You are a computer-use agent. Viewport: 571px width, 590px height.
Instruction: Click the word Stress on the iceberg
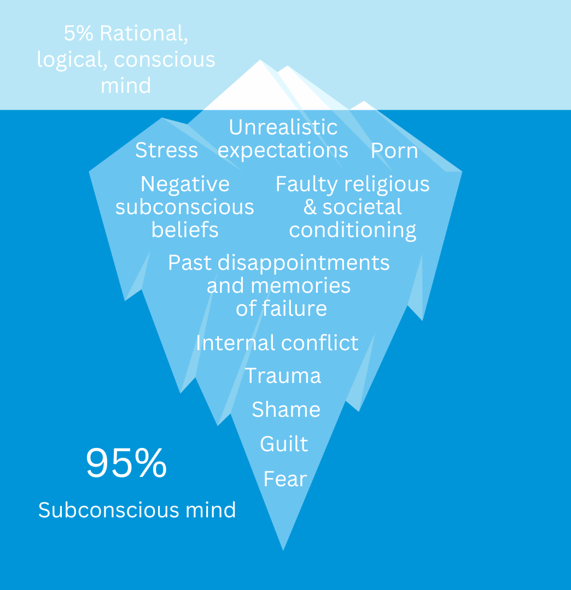(166, 150)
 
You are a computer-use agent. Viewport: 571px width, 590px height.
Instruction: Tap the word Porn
(394, 151)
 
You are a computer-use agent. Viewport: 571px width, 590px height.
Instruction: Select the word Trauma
(283, 376)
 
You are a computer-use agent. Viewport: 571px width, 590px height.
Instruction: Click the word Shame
(286, 410)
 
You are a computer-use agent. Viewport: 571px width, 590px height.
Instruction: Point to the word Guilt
(284, 444)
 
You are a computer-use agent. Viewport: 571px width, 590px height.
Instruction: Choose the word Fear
(285, 479)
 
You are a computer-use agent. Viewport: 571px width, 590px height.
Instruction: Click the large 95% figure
(126, 464)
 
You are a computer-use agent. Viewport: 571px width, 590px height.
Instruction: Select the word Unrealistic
(283, 127)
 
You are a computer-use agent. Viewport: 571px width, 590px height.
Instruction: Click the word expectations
(283, 150)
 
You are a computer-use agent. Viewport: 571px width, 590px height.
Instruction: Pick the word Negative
(185, 184)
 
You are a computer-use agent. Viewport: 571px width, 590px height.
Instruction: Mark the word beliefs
(185, 230)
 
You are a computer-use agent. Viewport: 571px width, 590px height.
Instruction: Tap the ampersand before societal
(310, 208)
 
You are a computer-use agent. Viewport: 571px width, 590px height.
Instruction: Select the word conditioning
(353, 230)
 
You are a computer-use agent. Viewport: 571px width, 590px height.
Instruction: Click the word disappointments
(304, 263)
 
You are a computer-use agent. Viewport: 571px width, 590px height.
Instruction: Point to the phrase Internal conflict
(277, 343)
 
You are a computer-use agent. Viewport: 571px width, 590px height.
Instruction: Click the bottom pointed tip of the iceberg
(283, 548)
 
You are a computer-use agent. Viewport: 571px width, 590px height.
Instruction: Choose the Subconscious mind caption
(137, 510)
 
